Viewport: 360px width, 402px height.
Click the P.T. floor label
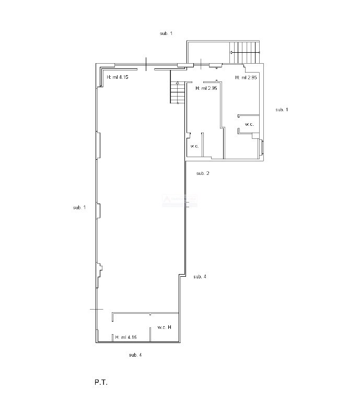[101, 383]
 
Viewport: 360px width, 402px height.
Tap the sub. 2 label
[203, 173]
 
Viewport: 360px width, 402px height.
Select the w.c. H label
[164, 327]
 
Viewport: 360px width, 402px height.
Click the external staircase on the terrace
[245, 53]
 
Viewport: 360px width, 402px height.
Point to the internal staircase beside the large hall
[178, 92]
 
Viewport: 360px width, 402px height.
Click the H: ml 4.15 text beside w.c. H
[126, 337]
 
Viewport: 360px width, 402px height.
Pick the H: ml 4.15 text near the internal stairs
[118, 77]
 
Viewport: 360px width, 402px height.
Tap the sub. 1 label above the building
[166, 33]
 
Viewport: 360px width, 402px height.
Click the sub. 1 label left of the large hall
[79, 208]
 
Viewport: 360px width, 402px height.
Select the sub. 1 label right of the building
[282, 110]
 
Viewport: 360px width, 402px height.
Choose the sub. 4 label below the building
[135, 355]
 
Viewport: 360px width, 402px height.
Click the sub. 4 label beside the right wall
[200, 277]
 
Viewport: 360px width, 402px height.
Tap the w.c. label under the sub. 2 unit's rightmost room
[249, 125]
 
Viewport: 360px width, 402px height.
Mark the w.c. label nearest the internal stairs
[194, 146]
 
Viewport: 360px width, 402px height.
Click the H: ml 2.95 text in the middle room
[206, 88]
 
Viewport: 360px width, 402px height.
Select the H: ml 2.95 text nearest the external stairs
[246, 77]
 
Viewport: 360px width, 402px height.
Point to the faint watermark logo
[180, 201]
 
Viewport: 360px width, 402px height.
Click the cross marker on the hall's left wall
[97, 309]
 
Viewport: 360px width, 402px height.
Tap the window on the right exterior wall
[262, 147]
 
